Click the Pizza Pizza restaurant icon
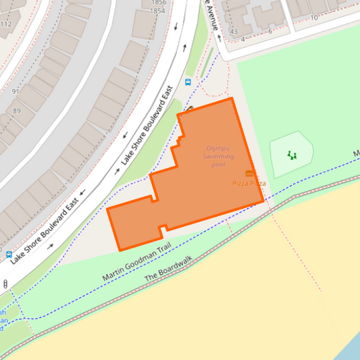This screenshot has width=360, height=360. tap(249, 174)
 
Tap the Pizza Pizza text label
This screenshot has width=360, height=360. tap(249, 184)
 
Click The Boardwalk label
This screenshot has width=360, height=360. tap(168, 268)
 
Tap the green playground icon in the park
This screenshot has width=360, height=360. tap(292, 155)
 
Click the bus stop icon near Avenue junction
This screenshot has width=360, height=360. tap(188, 82)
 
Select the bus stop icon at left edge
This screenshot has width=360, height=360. tap(9, 255)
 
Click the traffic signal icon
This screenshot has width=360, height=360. tap(5, 284)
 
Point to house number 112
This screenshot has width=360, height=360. tap(6, 24)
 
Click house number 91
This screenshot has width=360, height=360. tap(16, 91)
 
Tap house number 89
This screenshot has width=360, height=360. tap(17, 111)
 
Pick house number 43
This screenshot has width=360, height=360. tap(234, 32)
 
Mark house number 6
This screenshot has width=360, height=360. tap(270, 31)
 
